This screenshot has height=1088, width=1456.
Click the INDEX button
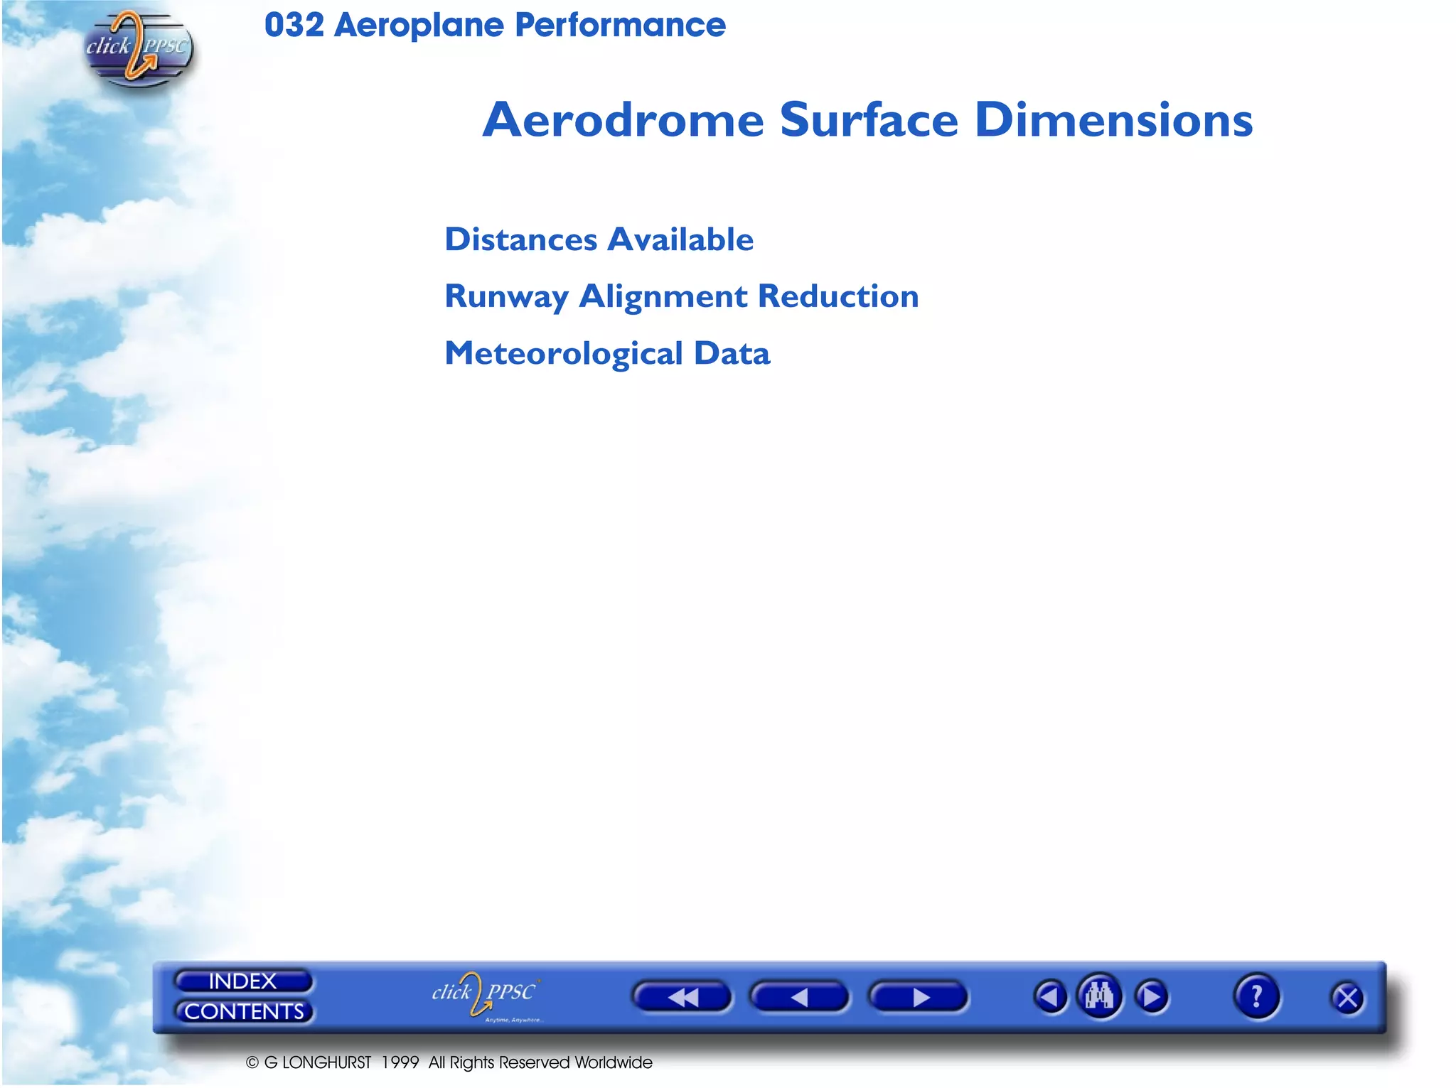point(242,981)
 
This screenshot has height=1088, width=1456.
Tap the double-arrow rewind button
point(682,997)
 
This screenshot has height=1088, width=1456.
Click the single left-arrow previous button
point(799,997)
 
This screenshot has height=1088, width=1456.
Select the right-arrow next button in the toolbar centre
point(918,997)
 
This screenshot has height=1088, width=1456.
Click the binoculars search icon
point(1099,996)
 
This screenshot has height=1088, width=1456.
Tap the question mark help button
point(1256,996)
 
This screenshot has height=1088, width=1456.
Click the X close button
point(1347,998)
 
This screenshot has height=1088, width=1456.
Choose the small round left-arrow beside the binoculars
point(1050,996)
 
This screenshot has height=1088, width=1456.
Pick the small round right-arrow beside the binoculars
point(1152,996)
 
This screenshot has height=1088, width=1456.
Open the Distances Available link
point(599,239)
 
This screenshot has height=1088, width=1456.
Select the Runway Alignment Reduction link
point(681,296)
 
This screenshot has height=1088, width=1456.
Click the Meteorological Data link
point(607,353)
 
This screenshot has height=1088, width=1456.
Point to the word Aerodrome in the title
point(623,119)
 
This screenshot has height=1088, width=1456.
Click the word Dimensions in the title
point(1113,119)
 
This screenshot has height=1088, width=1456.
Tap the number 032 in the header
point(294,26)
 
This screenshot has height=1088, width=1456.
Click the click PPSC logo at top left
point(137,48)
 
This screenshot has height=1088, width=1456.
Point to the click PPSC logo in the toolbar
point(485,994)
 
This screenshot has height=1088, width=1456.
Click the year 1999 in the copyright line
point(400,1062)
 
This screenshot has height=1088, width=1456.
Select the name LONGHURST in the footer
point(326,1062)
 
